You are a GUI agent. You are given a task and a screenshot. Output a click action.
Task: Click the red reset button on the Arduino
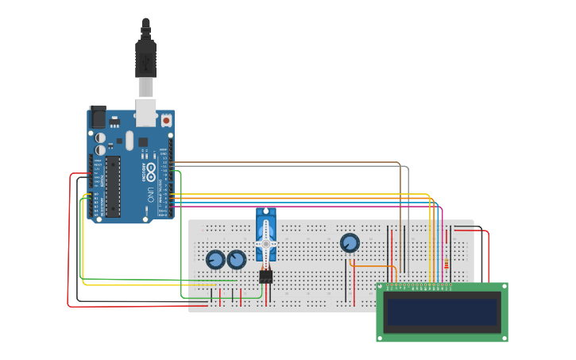pyautogui.click(x=166, y=121)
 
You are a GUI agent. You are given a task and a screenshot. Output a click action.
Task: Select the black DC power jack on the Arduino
pyautogui.click(x=98, y=117)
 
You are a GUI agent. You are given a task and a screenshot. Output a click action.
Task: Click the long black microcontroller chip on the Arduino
pyautogui.click(x=113, y=186)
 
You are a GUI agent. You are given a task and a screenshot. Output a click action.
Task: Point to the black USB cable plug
pyautogui.click(x=146, y=60)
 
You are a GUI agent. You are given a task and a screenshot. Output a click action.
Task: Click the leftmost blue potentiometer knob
pyautogui.click(x=215, y=260)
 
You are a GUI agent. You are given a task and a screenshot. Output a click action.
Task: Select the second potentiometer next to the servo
pyautogui.click(x=237, y=260)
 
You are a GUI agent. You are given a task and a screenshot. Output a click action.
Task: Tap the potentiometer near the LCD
pyautogui.click(x=350, y=243)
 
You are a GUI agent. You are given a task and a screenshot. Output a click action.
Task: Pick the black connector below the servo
pyautogui.click(x=265, y=277)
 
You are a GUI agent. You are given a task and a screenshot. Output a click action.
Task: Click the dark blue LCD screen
pyautogui.click(x=442, y=312)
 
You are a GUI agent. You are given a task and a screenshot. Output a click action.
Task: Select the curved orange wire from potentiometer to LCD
pyautogui.click(x=373, y=266)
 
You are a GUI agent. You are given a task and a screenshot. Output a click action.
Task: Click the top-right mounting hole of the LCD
pyautogui.click(x=503, y=288)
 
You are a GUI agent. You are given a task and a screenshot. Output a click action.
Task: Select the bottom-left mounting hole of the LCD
pyautogui.click(x=381, y=337)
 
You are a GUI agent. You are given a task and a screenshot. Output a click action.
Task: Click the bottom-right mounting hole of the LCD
pyautogui.click(x=503, y=337)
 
